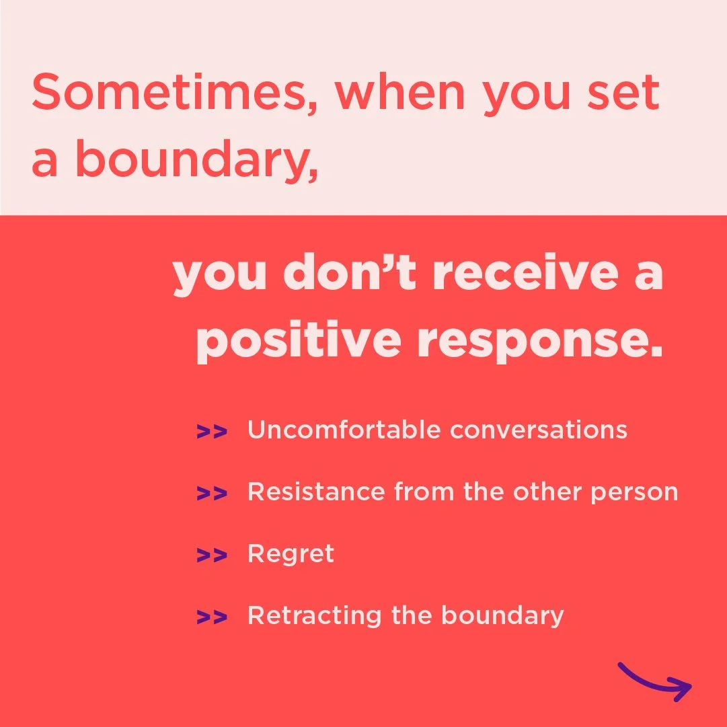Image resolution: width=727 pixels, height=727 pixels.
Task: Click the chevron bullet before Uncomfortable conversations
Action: (x=211, y=431)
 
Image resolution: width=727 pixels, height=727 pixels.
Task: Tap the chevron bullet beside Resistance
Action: (x=211, y=494)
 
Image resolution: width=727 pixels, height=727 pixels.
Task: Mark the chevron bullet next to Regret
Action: (x=211, y=556)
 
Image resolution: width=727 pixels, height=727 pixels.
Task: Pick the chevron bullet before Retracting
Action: (x=211, y=617)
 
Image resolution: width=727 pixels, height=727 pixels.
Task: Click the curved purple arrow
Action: (x=656, y=681)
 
